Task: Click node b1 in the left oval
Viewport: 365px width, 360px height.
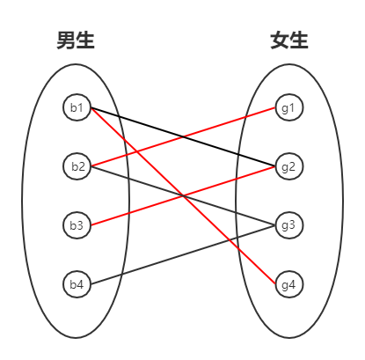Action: pos(77,108)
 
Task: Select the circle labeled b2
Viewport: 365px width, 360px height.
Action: pos(77,166)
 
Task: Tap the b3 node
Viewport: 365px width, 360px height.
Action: pos(77,225)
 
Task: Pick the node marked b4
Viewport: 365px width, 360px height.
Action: pos(77,284)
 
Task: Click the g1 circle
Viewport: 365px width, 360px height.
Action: pos(288,108)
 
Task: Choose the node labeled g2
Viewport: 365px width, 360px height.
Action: pos(288,166)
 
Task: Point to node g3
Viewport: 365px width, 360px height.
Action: pos(288,225)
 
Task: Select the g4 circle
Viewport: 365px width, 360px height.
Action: pos(288,284)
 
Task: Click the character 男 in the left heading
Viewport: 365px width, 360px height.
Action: pos(66,40)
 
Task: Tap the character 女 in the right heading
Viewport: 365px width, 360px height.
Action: pos(280,40)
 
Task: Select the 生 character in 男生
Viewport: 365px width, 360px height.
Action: pos(85,40)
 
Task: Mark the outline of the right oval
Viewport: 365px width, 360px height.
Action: pos(343,201)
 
